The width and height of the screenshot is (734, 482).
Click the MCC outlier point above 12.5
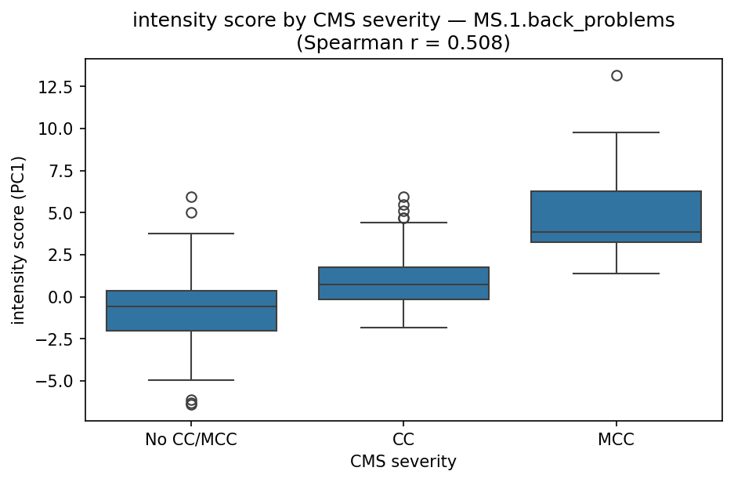tap(616, 76)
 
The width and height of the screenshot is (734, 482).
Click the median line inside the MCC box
tap(616, 233)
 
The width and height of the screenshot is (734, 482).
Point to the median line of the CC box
tap(403, 284)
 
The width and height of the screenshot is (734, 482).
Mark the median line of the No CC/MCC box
tap(191, 306)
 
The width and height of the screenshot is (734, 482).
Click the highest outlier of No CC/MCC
tap(191, 197)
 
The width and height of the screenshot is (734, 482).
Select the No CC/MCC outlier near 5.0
tap(191, 212)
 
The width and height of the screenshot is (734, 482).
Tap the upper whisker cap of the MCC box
tap(616, 132)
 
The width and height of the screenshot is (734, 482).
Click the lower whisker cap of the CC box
tap(403, 328)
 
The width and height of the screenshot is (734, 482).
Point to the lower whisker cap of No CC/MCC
tap(191, 380)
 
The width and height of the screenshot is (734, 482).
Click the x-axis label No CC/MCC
tap(191, 440)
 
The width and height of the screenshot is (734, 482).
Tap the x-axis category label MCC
tap(616, 440)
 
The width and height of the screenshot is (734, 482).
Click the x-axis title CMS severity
tap(403, 462)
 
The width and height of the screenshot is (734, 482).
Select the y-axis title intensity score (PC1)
tap(18, 239)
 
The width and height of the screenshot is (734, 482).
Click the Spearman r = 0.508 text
tap(403, 43)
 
